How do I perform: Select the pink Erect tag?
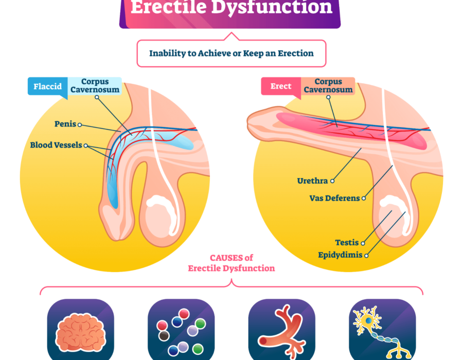tap(281, 86)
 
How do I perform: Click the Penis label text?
tap(65, 124)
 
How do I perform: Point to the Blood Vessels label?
tap(56, 145)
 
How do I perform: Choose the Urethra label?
tap(312, 181)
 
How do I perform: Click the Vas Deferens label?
tap(334, 198)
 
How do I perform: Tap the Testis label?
tap(347, 243)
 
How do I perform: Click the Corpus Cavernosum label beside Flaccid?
tap(95, 86)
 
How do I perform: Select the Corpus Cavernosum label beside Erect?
tap(328, 86)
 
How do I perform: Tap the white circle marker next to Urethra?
tap(333, 181)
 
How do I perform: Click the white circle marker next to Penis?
tap(80, 124)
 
